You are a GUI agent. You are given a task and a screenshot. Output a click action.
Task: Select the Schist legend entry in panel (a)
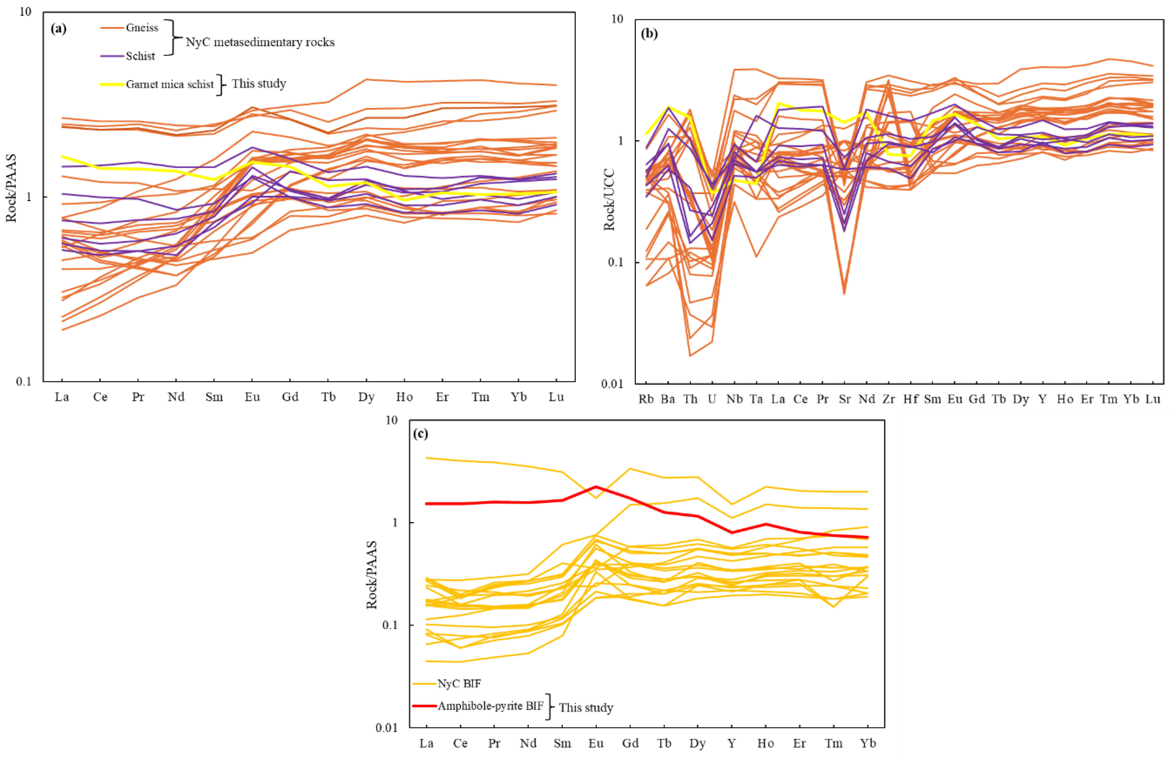point(140,56)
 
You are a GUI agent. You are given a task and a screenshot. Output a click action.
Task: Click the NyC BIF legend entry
point(459,683)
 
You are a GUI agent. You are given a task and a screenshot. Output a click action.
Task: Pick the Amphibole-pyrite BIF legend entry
point(490,706)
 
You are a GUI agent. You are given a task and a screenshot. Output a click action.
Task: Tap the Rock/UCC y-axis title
point(609,199)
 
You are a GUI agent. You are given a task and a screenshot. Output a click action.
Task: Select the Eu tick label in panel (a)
point(252,397)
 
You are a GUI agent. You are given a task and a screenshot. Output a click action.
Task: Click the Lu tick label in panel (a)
point(556,397)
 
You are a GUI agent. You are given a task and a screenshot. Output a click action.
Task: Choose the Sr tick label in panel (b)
point(845,399)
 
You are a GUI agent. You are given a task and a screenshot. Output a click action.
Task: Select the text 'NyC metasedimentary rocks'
point(260,42)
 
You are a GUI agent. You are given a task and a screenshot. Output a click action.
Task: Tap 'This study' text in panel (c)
point(586,708)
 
